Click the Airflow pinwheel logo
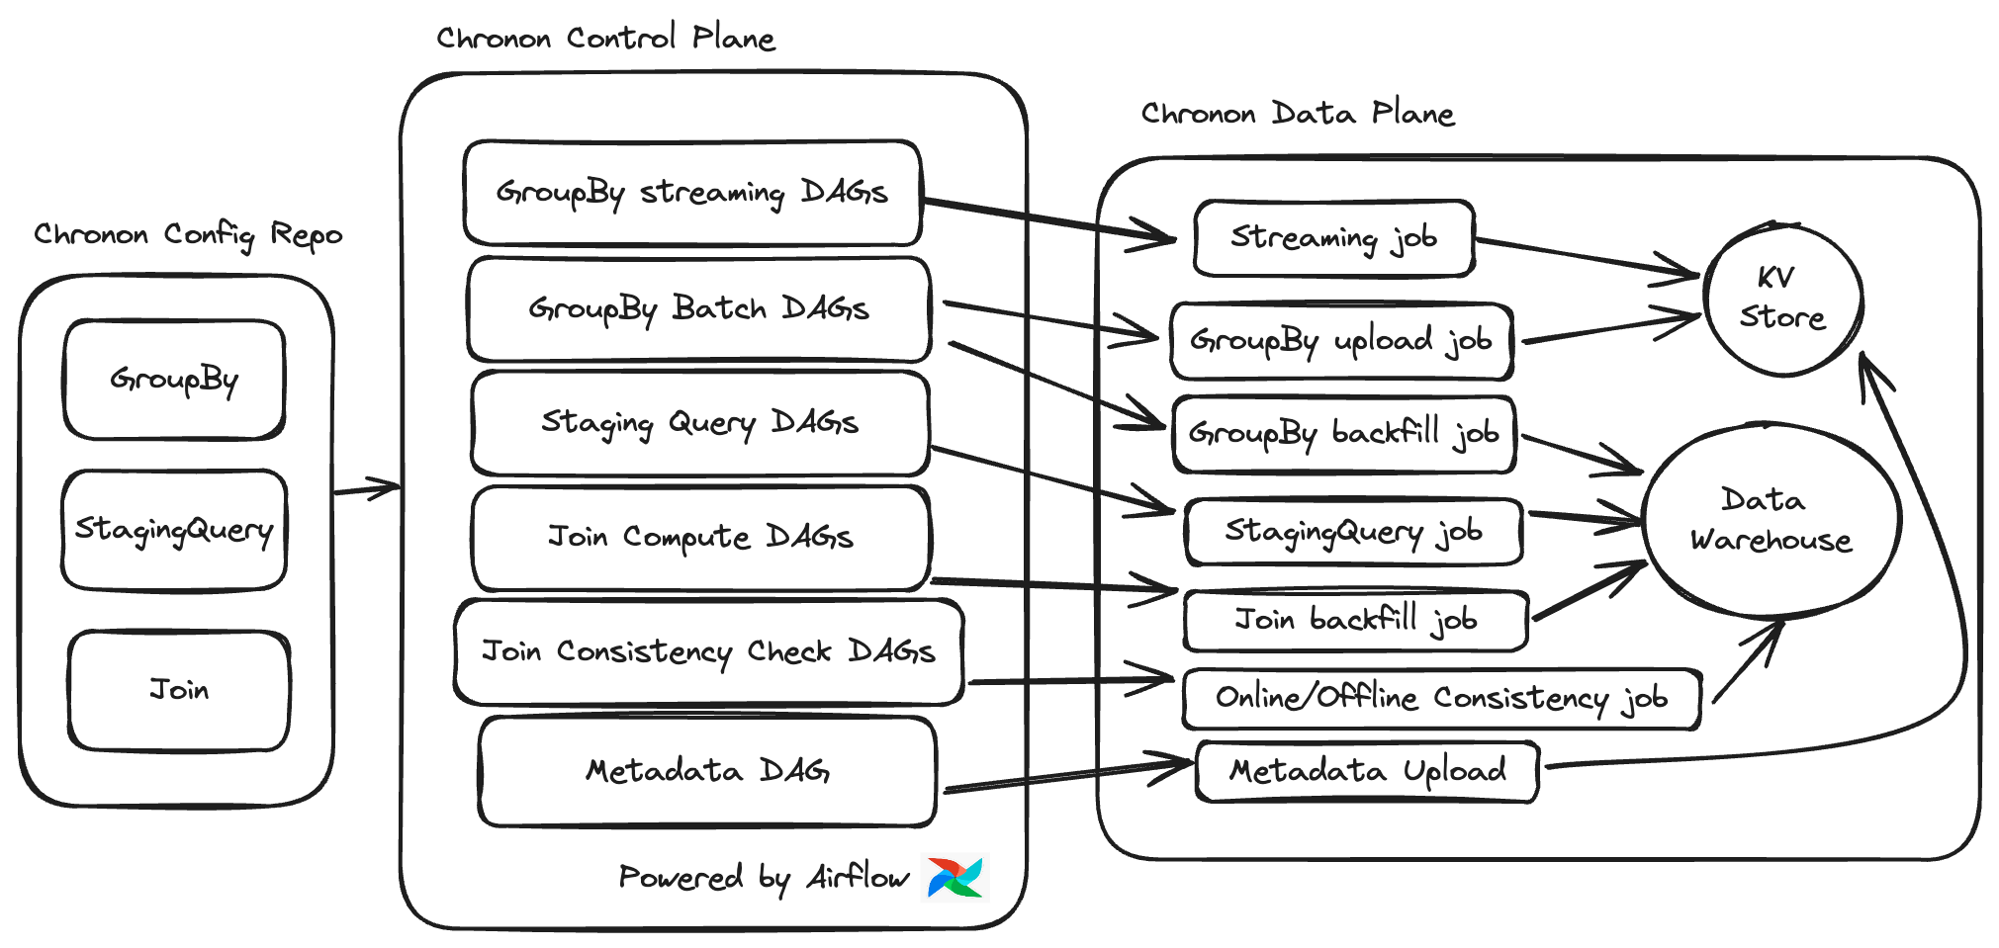pos(954,877)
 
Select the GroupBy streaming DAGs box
pos(692,193)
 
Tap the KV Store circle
pos(1782,299)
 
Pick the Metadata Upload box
pos(1367,771)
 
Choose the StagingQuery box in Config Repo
pos(174,531)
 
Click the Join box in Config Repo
pos(179,690)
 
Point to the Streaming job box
pos(1333,238)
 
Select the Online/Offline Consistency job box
pos(1441,699)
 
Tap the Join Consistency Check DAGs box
pos(708,652)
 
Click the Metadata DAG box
pos(707,771)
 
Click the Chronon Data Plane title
pos(1297,114)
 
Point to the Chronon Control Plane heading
pos(605,39)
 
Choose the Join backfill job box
pos(1355,621)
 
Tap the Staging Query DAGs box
pos(699,423)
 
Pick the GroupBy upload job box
pos(1340,341)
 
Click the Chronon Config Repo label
pos(188,235)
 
